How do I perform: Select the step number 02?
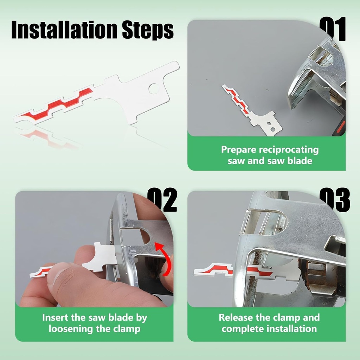pos(162,200)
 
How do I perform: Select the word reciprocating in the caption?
pos(289,150)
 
